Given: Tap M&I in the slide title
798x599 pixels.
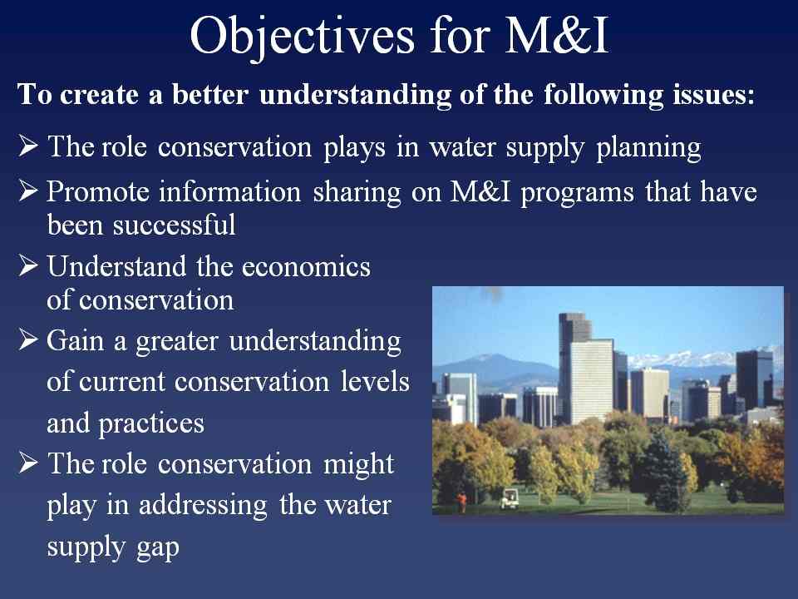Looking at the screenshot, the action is [557, 35].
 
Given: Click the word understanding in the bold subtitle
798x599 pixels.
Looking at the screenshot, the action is [355, 96].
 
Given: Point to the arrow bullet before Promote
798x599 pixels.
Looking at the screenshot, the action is [28, 191].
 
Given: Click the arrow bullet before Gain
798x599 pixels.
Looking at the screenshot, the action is [28, 339].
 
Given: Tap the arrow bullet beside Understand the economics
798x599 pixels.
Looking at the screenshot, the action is [28, 265].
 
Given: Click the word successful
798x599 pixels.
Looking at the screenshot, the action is [174, 225].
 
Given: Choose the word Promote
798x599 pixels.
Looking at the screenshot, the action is [97, 192].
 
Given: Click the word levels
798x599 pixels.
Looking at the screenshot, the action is [375, 382].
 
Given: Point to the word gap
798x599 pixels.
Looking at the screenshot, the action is [158, 548].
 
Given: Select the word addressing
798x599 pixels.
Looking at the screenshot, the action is [203, 506].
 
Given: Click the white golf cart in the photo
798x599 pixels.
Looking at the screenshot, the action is [510, 498].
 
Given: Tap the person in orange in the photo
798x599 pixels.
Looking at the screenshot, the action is [461, 502].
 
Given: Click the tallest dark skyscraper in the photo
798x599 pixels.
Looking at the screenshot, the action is [575, 367].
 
